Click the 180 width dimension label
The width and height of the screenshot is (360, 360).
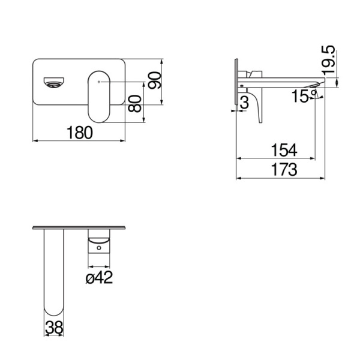[x=80, y=133]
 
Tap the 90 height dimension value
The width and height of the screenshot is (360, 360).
[x=155, y=80]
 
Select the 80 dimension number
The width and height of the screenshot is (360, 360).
[x=135, y=104]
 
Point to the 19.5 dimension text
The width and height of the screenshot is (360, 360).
[x=329, y=60]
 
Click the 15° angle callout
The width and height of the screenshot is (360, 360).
[x=304, y=96]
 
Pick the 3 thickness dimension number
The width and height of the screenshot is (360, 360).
[x=245, y=103]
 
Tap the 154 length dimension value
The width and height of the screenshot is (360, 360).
[x=284, y=150]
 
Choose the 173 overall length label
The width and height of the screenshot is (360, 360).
[x=284, y=169]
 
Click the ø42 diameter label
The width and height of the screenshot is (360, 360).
[x=99, y=277]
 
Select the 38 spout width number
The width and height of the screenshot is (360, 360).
[x=54, y=328]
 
